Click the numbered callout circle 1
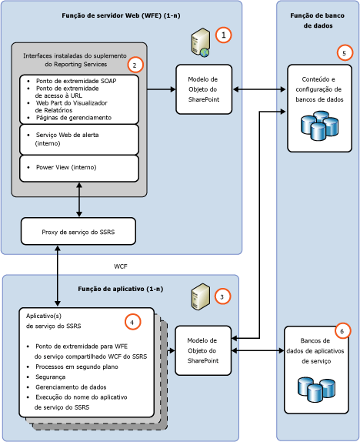[223, 35]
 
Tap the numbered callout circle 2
[135, 64]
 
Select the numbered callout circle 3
[222, 296]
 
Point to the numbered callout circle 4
[135, 321]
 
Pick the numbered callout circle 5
[345, 53]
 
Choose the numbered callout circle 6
[343, 330]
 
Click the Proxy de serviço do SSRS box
[78, 229]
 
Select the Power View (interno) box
[78, 167]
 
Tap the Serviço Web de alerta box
[78, 139]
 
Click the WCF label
[121, 266]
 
